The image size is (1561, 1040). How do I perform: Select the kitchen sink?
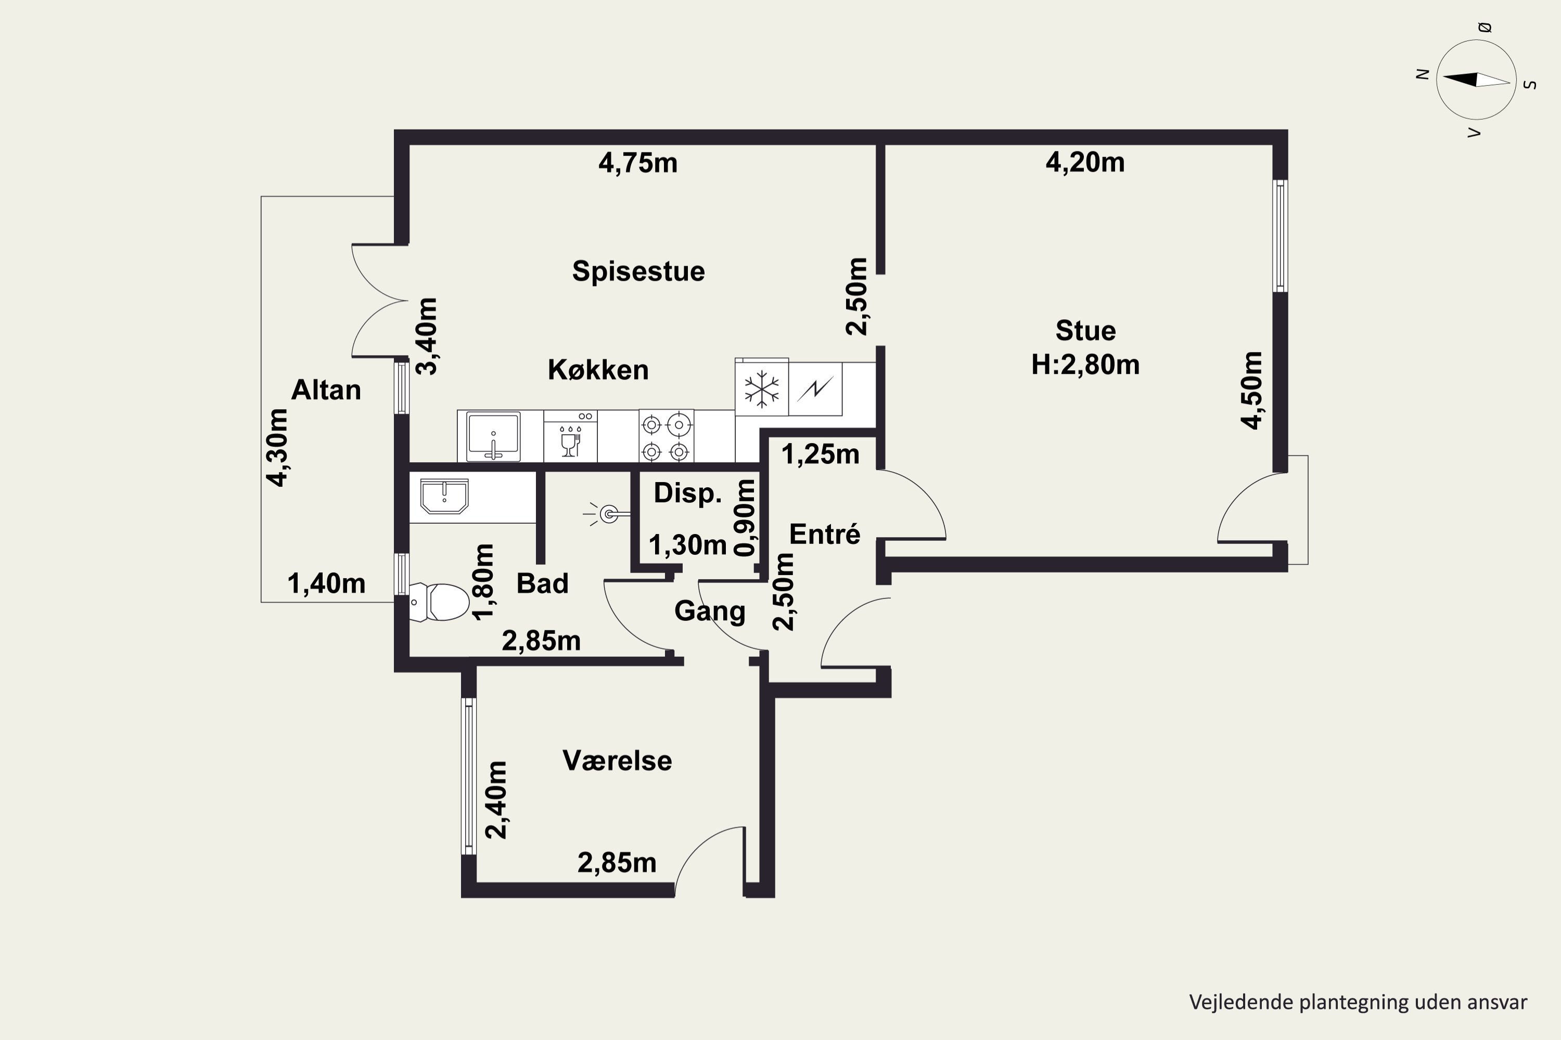(493, 436)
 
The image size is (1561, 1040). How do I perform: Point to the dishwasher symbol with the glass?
(570, 436)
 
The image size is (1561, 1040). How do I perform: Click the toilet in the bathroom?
(439, 602)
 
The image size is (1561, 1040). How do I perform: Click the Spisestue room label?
(638, 271)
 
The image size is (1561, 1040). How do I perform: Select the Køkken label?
(598, 369)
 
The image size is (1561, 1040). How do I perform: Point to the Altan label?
(326, 390)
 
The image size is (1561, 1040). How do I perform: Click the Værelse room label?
(617, 761)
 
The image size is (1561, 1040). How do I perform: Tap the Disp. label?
(687, 493)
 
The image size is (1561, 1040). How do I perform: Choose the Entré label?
(825, 534)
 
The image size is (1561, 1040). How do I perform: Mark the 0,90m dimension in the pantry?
(745, 517)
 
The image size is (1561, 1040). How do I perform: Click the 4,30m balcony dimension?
(277, 447)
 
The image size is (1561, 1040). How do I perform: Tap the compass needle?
(1476, 80)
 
